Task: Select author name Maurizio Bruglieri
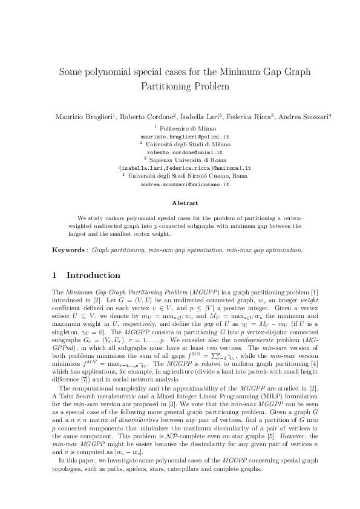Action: pyautogui.click(x=83, y=116)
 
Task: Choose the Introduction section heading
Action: pyautogui.click(x=94, y=276)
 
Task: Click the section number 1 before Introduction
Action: pyautogui.click(x=55, y=276)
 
